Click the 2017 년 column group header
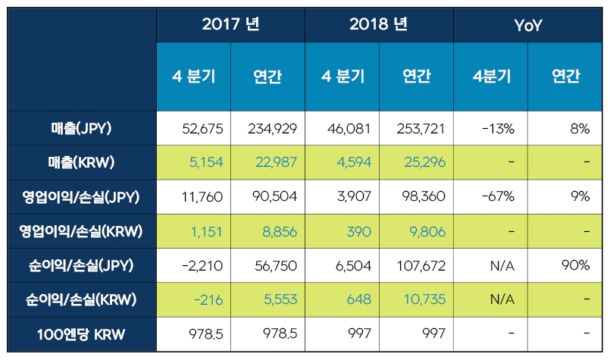pyautogui.click(x=231, y=23)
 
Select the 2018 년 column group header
pyautogui.click(x=379, y=23)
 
